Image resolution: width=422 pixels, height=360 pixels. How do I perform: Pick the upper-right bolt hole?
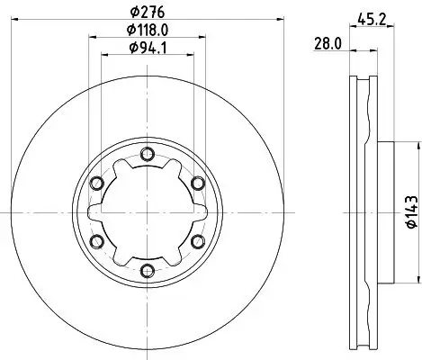pyautogui.click(x=196, y=183)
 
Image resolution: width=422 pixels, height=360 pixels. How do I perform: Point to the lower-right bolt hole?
pyautogui.click(x=196, y=240)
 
